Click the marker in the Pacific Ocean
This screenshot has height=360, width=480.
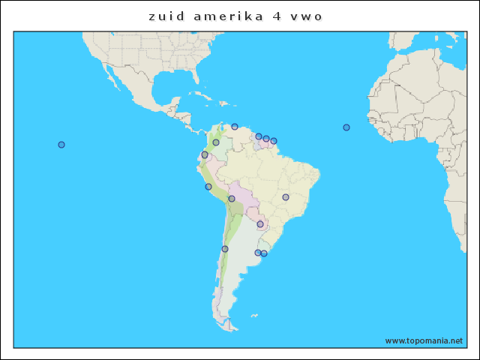(61, 145)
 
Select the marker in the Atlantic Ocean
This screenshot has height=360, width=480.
(346, 127)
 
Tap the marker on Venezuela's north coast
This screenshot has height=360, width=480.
(235, 127)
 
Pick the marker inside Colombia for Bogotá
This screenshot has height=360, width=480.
(216, 142)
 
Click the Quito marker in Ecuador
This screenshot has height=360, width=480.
(205, 154)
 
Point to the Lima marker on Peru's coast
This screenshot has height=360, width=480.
(208, 187)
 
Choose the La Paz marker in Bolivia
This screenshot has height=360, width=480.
(232, 199)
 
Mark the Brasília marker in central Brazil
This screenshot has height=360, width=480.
(286, 197)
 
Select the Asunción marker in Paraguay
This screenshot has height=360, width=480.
(260, 224)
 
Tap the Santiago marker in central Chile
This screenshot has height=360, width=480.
(225, 249)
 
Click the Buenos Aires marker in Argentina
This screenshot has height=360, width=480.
(258, 253)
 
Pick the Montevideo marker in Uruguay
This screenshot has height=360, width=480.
(264, 253)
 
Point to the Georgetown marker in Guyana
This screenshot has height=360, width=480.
(259, 136)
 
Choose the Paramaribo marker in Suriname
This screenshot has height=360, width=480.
(266, 139)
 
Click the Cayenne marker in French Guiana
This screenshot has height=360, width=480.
(274, 141)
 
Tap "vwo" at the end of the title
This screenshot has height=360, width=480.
(307, 16)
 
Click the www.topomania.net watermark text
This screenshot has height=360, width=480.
(424, 340)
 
